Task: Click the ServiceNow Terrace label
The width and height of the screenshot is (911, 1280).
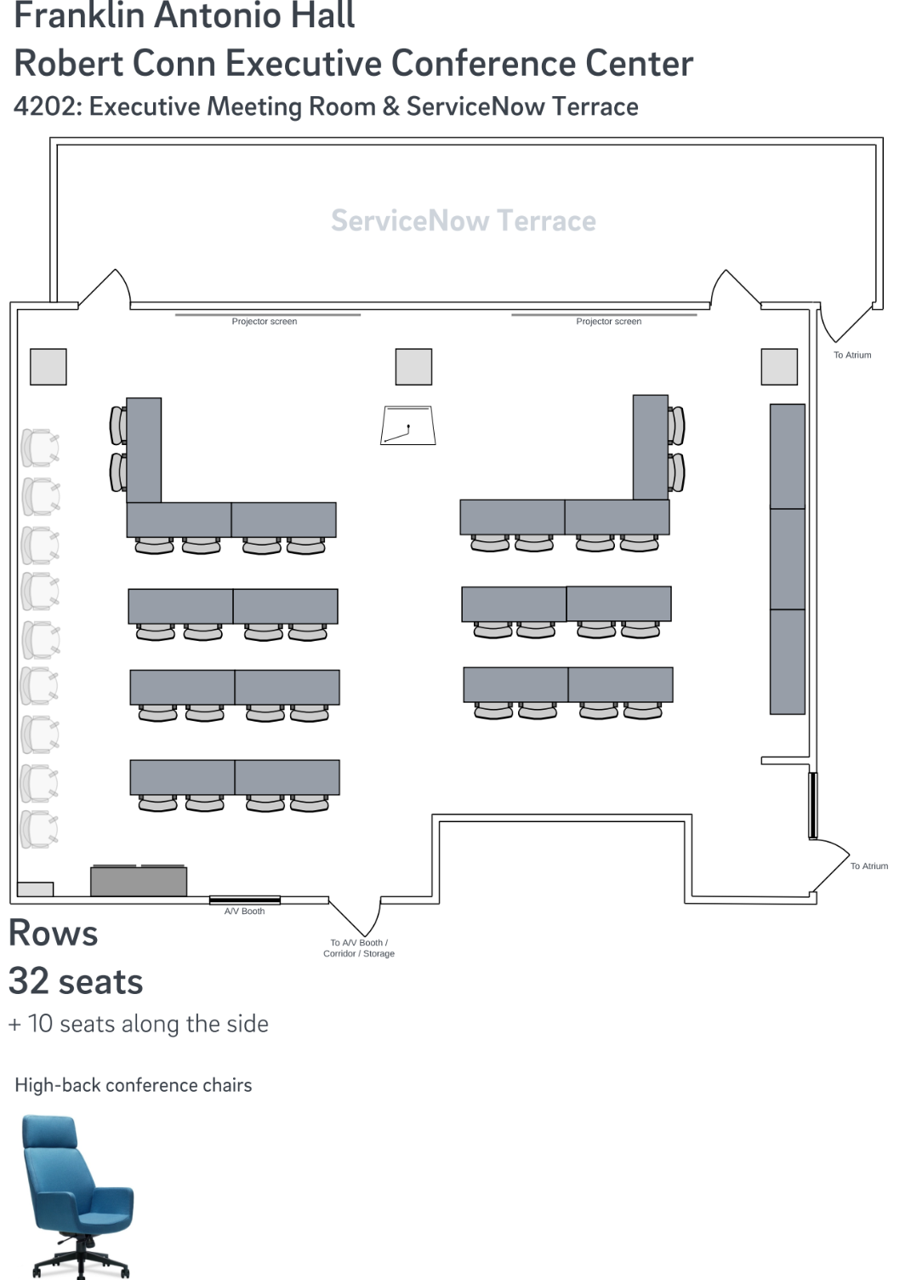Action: pyautogui.click(x=463, y=221)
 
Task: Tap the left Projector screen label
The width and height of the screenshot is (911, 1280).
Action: pyautogui.click(x=264, y=322)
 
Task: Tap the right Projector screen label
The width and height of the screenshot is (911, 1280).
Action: pyautogui.click(x=608, y=322)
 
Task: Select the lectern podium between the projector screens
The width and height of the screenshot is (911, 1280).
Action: pyautogui.click(x=407, y=426)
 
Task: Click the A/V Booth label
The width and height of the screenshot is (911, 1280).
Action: pyautogui.click(x=244, y=911)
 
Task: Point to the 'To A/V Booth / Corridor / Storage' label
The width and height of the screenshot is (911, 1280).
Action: pyautogui.click(x=359, y=948)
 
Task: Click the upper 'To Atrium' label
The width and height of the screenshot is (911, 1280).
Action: pyautogui.click(x=851, y=355)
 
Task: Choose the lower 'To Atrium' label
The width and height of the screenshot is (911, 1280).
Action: pyautogui.click(x=868, y=866)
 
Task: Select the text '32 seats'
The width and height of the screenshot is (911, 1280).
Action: pyautogui.click(x=76, y=981)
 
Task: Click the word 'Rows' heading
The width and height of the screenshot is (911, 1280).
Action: pyautogui.click(x=53, y=934)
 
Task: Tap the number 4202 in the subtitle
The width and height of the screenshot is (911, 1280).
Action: pyautogui.click(x=43, y=107)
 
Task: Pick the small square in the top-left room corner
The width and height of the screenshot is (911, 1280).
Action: pyautogui.click(x=48, y=367)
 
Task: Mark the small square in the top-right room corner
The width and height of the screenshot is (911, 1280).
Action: pyautogui.click(x=778, y=367)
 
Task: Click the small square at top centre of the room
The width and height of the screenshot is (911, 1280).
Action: pyautogui.click(x=413, y=367)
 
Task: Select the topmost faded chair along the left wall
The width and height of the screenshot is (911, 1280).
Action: pyautogui.click(x=40, y=448)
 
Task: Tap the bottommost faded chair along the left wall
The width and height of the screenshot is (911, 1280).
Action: pyautogui.click(x=39, y=829)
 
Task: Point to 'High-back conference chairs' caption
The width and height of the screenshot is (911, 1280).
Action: pyautogui.click(x=134, y=1085)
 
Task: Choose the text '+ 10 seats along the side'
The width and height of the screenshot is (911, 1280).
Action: pyautogui.click(x=139, y=1024)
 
